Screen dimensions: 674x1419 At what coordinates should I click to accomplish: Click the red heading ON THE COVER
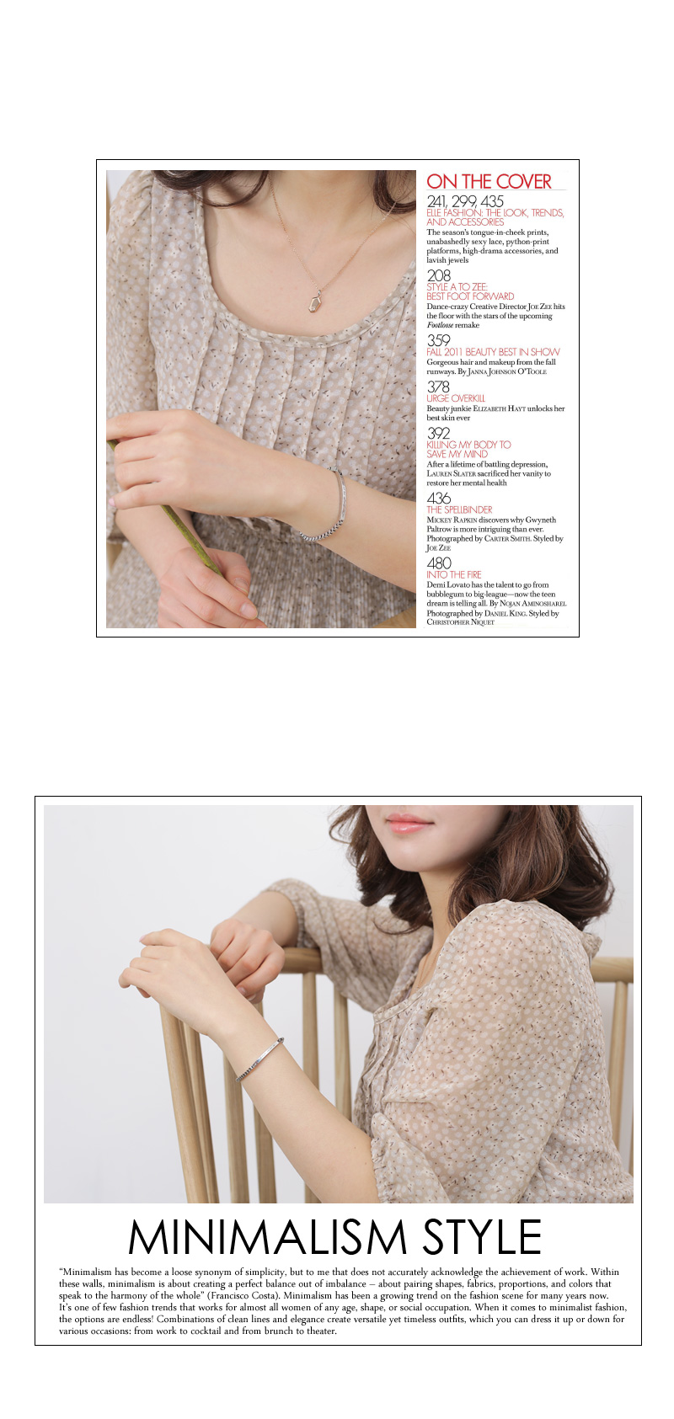click(489, 181)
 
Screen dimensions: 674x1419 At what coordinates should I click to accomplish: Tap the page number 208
click(438, 275)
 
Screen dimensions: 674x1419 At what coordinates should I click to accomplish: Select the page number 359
click(438, 341)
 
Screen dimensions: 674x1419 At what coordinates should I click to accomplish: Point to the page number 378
click(438, 387)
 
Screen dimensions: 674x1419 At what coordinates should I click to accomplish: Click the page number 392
click(438, 434)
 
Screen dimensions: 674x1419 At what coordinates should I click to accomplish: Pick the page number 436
click(438, 499)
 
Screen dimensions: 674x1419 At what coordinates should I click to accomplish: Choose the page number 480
click(438, 563)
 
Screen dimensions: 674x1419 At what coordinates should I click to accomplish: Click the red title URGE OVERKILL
click(456, 398)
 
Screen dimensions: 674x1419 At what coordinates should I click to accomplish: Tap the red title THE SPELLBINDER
click(459, 509)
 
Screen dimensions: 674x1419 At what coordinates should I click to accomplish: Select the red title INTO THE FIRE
click(453, 574)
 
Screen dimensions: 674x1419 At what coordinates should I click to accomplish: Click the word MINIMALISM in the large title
click(267, 1237)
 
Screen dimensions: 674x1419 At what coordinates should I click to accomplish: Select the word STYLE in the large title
click(482, 1237)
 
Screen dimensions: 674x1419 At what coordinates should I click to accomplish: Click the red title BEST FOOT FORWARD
click(470, 296)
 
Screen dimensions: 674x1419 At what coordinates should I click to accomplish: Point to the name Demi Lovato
click(449, 584)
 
